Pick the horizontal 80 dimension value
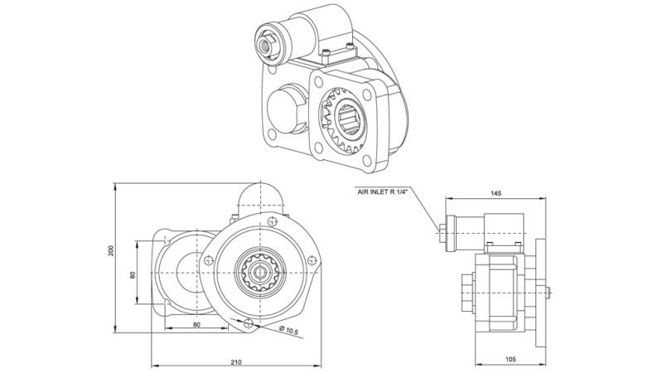coord(196,324)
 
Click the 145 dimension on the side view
coord(496,193)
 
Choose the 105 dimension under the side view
coord(511,359)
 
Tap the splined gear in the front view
coord(261,274)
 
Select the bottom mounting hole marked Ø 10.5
coord(249,323)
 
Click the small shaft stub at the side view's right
coord(549,289)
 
